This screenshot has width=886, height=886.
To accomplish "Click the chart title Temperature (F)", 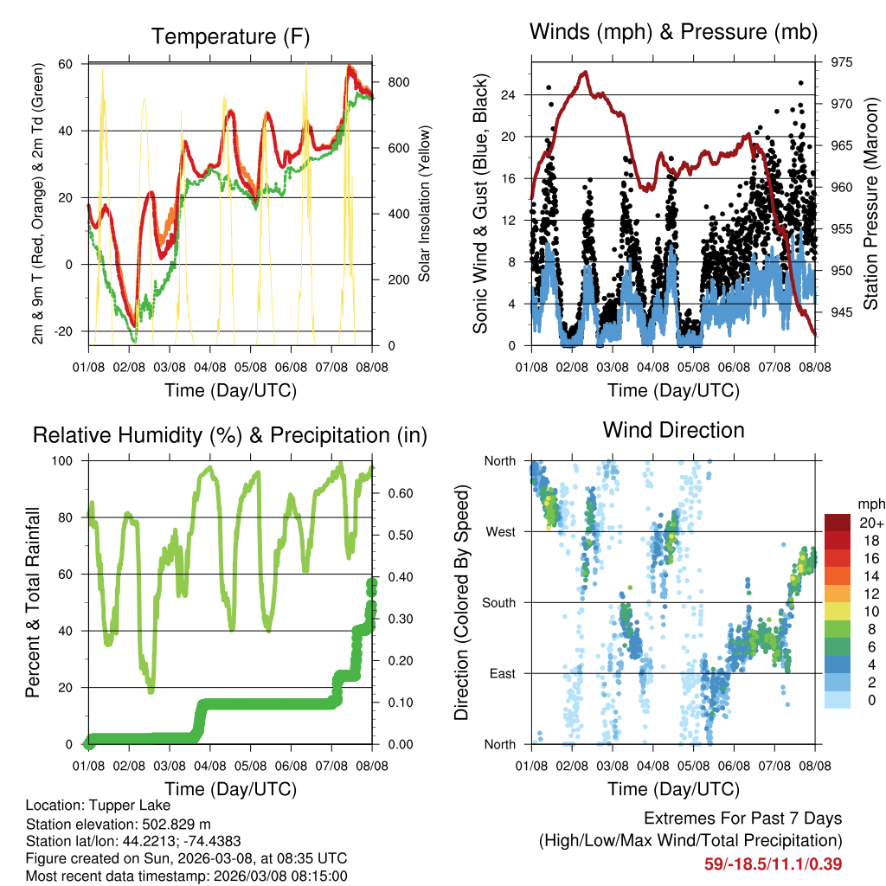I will click(x=230, y=36).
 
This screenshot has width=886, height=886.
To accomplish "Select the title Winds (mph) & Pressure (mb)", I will click(x=673, y=33).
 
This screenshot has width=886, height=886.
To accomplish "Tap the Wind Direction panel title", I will click(x=673, y=430).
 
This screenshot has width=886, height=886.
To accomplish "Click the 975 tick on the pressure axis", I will click(x=836, y=61).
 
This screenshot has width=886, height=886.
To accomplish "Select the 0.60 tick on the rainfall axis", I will click(x=396, y=494).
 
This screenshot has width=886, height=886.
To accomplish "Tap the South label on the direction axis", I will click(x=498, y=602).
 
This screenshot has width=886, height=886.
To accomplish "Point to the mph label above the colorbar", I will click(x=869, y=504).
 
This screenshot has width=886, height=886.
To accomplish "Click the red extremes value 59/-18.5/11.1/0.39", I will click(x=773, y=864).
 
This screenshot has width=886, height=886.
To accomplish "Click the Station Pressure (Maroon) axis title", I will click(x=870, y=203).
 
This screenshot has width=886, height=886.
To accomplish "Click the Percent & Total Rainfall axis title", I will click(x=33, y=602).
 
